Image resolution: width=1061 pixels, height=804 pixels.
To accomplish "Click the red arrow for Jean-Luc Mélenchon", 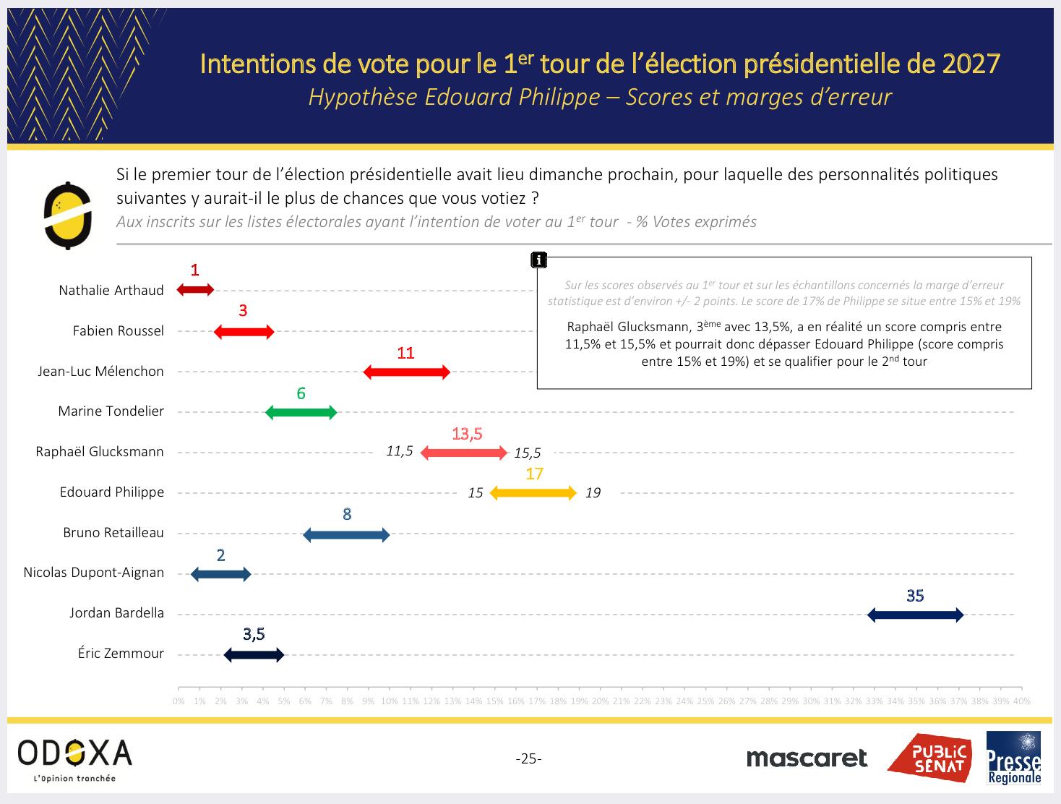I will [x=406, y=372].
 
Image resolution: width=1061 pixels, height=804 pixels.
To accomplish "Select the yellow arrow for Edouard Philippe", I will [x=533, y=494].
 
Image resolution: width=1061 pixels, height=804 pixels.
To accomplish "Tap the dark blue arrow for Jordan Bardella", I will [x=915, y=615].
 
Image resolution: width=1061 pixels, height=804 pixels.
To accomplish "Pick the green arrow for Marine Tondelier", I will [x=301, y=413].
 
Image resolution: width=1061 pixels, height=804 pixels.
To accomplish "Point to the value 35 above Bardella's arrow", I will [x=915, y=596].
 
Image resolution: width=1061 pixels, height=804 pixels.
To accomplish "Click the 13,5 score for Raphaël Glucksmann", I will [x=467, y=434].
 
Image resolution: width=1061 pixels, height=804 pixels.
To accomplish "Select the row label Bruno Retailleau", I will [x=113, y=533].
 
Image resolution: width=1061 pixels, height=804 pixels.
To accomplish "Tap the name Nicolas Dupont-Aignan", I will [x=94, y=573].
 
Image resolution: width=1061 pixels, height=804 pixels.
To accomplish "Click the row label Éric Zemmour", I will [x=121, y=654].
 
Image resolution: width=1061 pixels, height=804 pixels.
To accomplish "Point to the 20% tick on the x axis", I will [x=600, y=701].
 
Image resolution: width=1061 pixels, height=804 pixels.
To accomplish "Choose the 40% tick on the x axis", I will [x=1021, y=701].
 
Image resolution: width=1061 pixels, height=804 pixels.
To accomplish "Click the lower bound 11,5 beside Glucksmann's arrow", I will [x=400, y=451].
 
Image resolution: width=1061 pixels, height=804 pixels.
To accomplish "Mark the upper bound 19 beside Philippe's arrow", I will [x=593, y=493].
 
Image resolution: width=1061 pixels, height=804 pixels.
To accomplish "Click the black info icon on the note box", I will [x=538, y=260].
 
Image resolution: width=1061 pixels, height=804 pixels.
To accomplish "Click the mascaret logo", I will [x=807, y=758].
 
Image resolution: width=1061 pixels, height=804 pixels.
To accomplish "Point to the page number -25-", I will [x=529, y=758].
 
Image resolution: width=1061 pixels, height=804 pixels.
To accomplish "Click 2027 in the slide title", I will [x=971, y=64].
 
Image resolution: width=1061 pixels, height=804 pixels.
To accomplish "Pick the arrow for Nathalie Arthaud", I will [x=195, y=290].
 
